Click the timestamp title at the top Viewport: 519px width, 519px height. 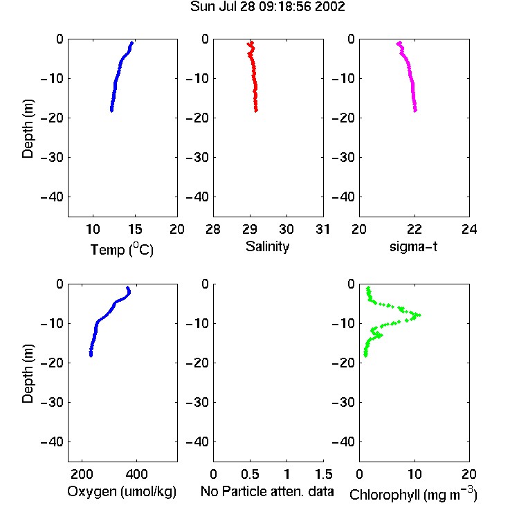click(267, 6)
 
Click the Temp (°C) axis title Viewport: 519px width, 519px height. click(122, 249)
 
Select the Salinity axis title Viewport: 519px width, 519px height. click(267, 246)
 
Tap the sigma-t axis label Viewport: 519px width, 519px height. click(413, 246)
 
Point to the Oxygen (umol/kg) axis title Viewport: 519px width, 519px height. click(122, 492)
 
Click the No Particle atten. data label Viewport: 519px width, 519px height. click(267, 491)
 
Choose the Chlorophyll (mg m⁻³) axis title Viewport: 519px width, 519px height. click(413, 494)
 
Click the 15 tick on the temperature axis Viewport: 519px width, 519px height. click(135, 229)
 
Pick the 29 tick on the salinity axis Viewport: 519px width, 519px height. click(250, 229)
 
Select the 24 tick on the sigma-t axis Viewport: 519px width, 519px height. click(469, 229)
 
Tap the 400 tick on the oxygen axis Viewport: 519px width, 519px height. click(137, 474)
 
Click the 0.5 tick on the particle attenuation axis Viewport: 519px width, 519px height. click(250, 474)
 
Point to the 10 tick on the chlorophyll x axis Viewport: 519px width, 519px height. click(415, 474)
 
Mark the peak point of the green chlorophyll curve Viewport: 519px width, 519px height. click(419, 315)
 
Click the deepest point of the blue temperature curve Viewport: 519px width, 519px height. click(111, 110)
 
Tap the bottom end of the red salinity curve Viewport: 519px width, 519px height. click(256, 110)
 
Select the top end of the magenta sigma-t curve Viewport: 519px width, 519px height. click(399, 43)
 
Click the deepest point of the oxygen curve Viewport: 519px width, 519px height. click(91, 355)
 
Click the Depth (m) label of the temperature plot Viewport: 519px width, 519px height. click(28, 129)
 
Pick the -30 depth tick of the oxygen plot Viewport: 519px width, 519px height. click(52, 402)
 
